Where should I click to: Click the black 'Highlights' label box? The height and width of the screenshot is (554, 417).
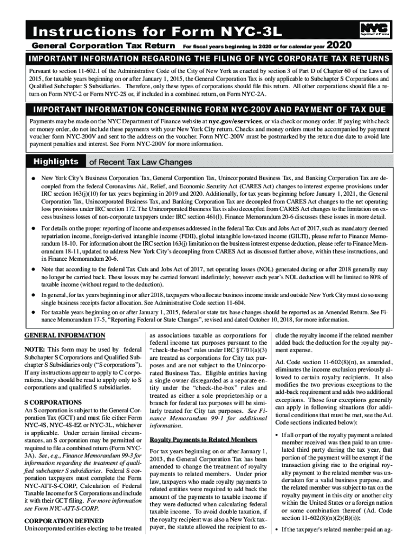(x=56, y=162)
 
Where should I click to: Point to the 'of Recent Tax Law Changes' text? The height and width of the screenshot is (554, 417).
(x=140, y=162)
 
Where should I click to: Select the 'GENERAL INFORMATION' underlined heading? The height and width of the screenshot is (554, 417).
(x=66, y=335)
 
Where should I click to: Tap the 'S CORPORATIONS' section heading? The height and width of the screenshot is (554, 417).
(x=52, y=403)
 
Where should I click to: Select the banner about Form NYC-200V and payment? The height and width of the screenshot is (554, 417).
(x=208, y=109)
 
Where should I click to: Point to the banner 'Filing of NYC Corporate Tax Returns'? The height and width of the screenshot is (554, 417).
(x=208, y=58)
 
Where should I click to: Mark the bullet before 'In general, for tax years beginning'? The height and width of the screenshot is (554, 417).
(x=34, y=295)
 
